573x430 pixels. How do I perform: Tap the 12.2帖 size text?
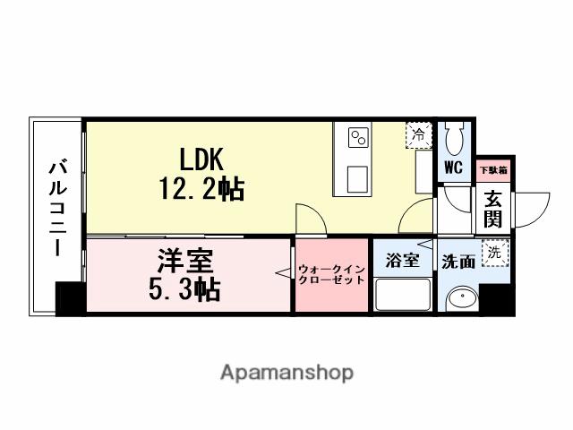(202, 189)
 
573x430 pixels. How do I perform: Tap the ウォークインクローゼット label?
(332, 273)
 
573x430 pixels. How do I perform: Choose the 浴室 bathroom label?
(402, 261)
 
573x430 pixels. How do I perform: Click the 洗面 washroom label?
(458, 262)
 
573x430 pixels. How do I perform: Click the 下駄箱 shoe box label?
(493, 168)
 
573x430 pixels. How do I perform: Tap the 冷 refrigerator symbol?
(418, 135)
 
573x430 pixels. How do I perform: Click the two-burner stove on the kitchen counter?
(358, 137)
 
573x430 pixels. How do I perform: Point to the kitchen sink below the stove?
(358, 174)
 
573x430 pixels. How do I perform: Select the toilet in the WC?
(454, 137)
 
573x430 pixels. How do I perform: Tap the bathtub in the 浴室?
(402, 294)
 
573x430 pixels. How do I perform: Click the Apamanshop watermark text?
(286, 372)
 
